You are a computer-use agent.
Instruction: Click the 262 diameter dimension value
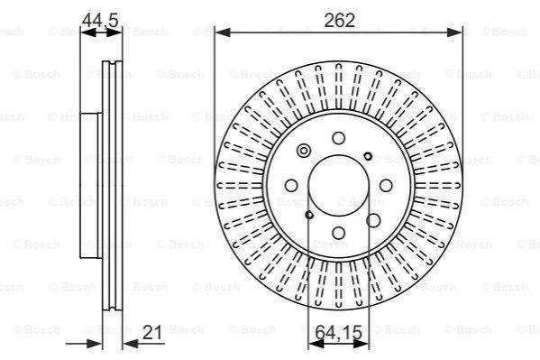(339, 21)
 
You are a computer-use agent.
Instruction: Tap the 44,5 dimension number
(100, 20)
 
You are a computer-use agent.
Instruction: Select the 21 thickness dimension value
(151, 332)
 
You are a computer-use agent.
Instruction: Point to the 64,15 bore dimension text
(339, 332)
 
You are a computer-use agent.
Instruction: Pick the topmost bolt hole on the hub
(339, 138)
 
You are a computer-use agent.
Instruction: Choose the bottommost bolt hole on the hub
(339, 233)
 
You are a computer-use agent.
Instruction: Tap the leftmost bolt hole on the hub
(291, 186)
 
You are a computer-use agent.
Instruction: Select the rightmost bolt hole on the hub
(386, 186)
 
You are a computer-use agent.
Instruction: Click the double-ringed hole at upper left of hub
(304, 151)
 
